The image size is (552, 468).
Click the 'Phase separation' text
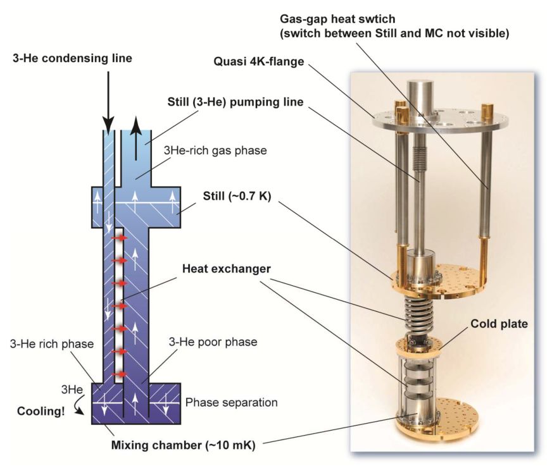click(231, 402)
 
